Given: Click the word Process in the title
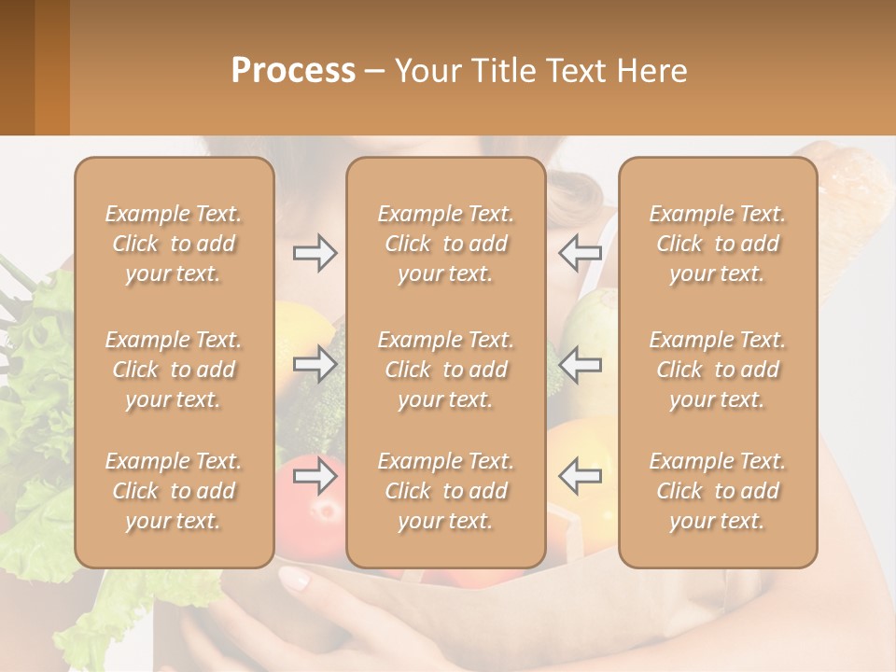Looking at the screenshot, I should tap(293, 70).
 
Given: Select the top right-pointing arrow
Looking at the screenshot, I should tap(315, 253).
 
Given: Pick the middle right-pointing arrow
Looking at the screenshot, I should tap(315, 364).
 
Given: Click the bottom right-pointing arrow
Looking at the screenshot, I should tap(315, 475).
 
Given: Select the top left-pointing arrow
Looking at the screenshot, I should tap(580, 253).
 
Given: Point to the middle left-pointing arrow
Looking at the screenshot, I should tap(580, 364).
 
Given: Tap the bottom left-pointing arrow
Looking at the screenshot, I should tap(580, 475).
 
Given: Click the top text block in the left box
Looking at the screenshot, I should tap(174, 244).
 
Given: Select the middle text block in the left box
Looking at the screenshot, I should tap(174, 370).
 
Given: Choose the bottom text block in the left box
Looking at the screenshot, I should tap(174, 491).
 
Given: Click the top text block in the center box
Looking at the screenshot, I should tap(446, 244).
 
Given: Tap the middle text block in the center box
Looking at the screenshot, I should tap(446, 370).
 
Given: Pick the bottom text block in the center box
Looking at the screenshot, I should tap(446, 491).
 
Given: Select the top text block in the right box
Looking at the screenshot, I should tap(718, 244).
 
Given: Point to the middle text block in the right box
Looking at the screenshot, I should tap(718, 370).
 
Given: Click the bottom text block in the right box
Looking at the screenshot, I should tap(718, 491).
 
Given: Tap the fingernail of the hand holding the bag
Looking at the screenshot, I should tap(295, 580).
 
